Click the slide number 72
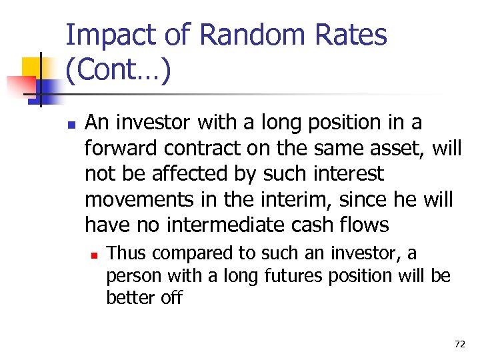459,344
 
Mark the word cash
318,225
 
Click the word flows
366,225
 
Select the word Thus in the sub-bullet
124,253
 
